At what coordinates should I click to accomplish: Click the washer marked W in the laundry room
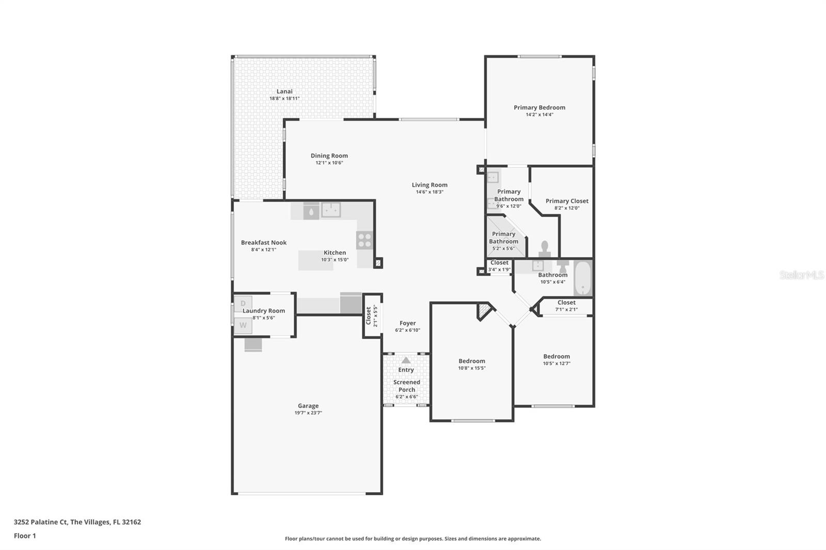coord(243,326)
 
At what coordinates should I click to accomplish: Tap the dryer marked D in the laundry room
coord(243,303)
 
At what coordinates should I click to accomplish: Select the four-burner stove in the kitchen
coord(364,240)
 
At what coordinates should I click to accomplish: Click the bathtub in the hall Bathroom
coord(583,279)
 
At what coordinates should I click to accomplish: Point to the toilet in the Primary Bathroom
coord(545,249)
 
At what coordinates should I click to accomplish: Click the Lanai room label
coord(284,91)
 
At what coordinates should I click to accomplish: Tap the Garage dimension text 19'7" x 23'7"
coord(308,413)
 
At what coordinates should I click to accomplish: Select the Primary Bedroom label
coord(539,107)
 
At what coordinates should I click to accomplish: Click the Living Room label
coord(430,185)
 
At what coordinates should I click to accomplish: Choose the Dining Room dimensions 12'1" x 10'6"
coord(329,163)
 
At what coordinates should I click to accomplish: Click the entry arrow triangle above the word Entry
coord(406,360)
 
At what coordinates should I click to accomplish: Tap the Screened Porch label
coord(407,386)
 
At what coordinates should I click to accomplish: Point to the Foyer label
coord(407,323)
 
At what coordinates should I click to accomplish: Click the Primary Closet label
coord(567,201)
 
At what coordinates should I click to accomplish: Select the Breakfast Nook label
coord(264,242)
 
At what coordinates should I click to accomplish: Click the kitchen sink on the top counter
coord(331,209)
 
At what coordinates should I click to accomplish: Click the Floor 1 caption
coord(25,536)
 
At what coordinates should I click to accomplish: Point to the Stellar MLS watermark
coord(801,275)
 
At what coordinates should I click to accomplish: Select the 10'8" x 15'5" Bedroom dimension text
coord(472,368)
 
